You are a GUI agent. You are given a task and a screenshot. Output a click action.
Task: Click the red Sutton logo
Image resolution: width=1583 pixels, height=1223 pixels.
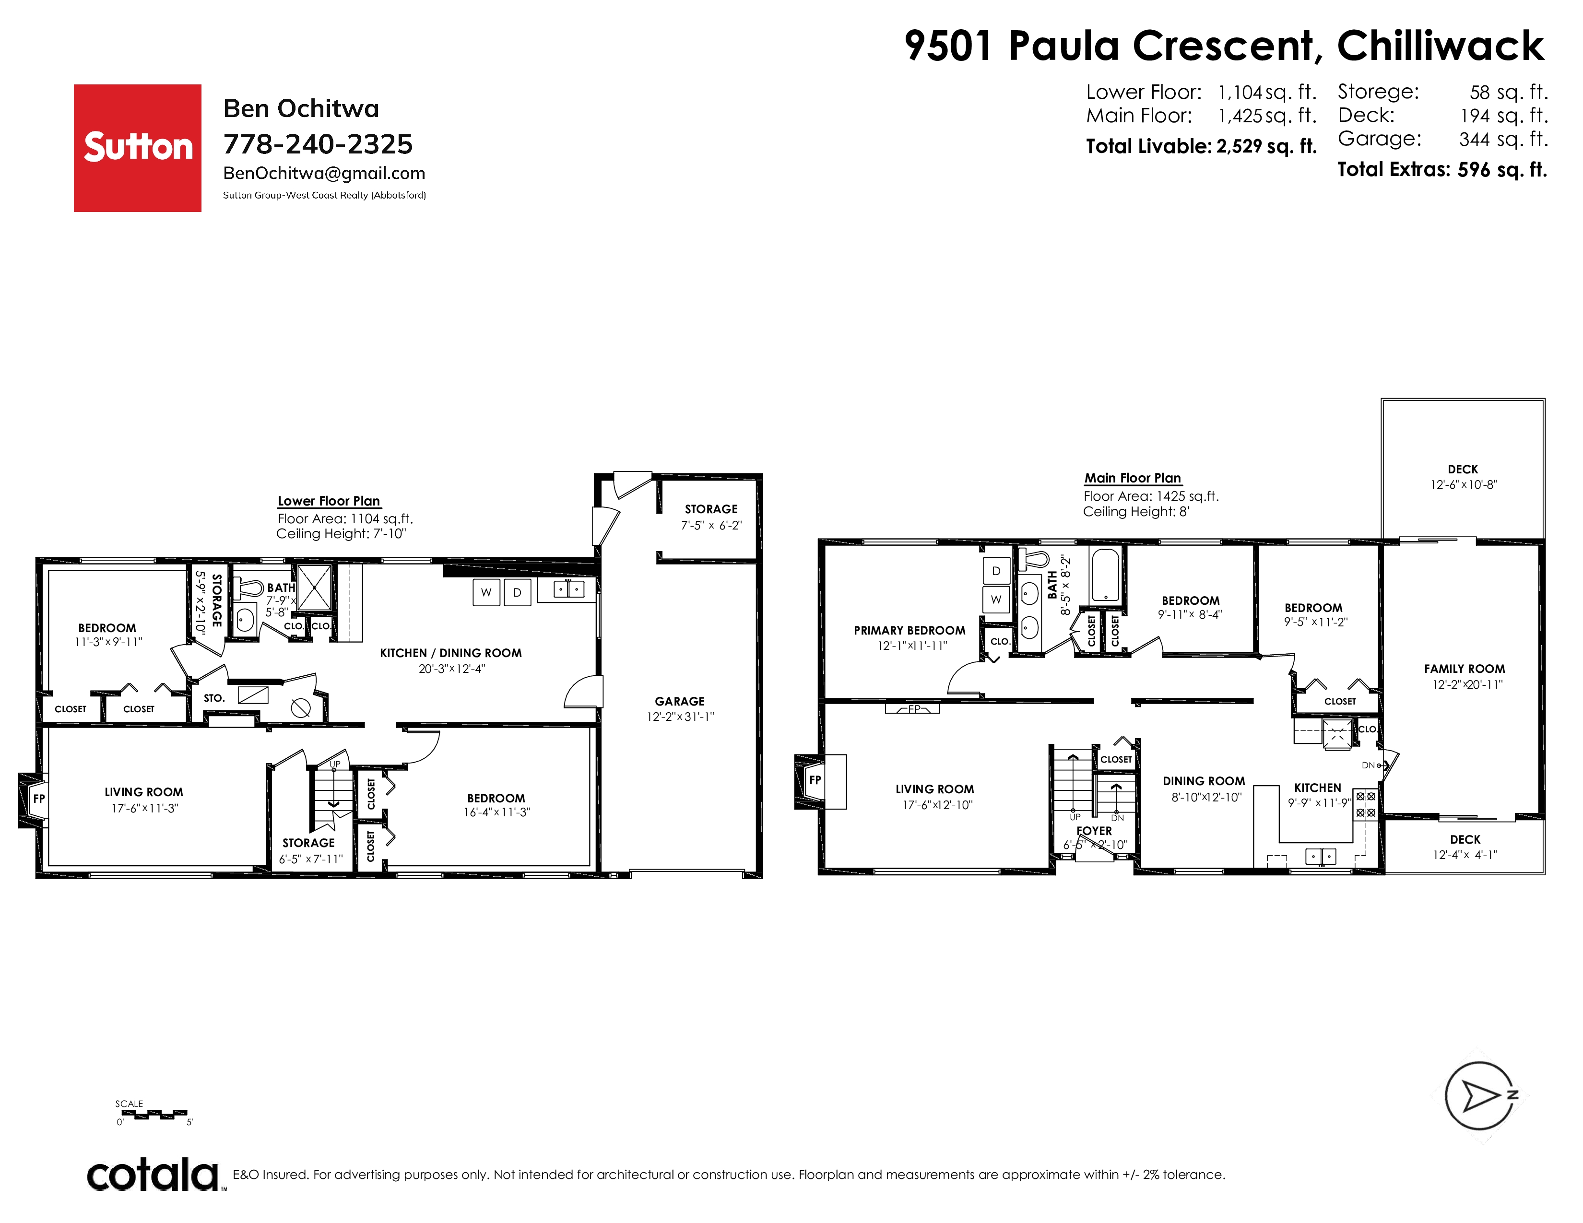click(138, 148)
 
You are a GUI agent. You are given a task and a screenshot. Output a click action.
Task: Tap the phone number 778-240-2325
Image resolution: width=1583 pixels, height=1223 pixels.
click(318, 144)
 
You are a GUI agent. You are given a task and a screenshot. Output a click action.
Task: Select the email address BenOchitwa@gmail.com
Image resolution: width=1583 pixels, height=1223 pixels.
click(324, 173)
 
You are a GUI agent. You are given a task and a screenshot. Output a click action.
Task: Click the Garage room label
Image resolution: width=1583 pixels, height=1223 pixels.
click(680, 701)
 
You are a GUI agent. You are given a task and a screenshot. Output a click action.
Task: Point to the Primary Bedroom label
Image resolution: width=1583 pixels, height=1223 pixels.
click(910, 630)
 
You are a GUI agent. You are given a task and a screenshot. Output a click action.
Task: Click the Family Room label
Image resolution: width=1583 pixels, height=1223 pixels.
click(1464, 669)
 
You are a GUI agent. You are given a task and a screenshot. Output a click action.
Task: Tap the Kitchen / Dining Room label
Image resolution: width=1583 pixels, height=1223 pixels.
click(451, 653)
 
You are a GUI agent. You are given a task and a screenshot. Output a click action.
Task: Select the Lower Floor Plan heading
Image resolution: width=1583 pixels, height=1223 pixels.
click(329, 501)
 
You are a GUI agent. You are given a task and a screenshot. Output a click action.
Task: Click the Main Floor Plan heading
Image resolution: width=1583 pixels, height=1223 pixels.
click(1133, 478)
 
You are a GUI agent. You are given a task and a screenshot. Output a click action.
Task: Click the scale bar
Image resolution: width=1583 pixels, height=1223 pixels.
click(154, 1114)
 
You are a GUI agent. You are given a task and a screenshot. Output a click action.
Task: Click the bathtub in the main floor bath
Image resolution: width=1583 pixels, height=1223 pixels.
click(1105, 575)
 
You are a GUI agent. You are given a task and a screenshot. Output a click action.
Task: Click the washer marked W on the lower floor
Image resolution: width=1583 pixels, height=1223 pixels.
click(486, 592)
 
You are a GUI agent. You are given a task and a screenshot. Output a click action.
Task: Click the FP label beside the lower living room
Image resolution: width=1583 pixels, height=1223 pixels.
click(39, 799)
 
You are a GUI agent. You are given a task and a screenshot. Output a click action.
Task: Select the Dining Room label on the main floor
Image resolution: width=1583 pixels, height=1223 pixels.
click(1204, 781)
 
